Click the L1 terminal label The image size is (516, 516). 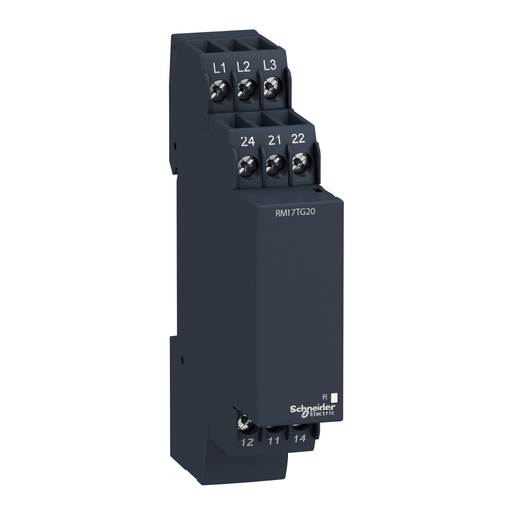coord(218,66)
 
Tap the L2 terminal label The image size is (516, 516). coord(244,66)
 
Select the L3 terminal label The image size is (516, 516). coord(270,66)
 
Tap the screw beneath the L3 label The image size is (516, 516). coord(271,90)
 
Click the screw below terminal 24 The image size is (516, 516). coord(248,166)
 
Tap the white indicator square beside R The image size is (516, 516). coord(334,396)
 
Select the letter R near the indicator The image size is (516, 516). coord(323,396)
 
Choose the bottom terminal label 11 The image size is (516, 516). coord(274,441)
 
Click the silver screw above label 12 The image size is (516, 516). coord(246,422)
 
